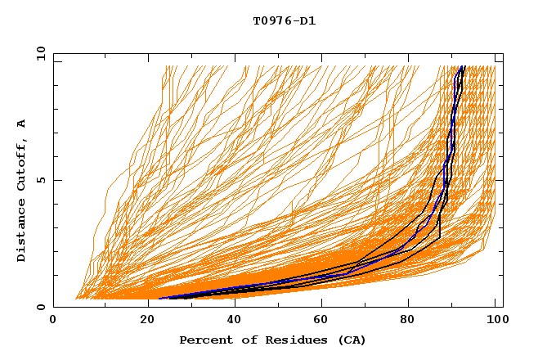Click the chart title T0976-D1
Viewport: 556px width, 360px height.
pyautogui.click(x=284, y=21)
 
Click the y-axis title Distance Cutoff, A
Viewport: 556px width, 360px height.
pyautogui.click(x=21, y=190)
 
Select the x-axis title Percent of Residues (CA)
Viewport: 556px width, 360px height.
pyautogui.click(x=273, y=340)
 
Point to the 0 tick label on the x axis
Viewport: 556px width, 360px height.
pyautogui.click(x=54, y=322)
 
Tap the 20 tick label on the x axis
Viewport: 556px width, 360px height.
pyautogui.click(x=142, y=322)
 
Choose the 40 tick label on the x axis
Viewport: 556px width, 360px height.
pyautogui.click(x=231, y=322)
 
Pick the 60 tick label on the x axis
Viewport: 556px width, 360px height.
pyautogui.click(x=319, y=322)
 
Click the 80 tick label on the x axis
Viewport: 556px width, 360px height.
pyautogui.click(x=407, y=322)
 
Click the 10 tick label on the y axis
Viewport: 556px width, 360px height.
pyautogui.click(x=40, y=53)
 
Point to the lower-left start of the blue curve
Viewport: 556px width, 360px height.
pyautogui.click(x=160, y=299)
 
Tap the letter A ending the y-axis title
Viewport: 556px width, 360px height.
pyautogui.click(x=21, y=123)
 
